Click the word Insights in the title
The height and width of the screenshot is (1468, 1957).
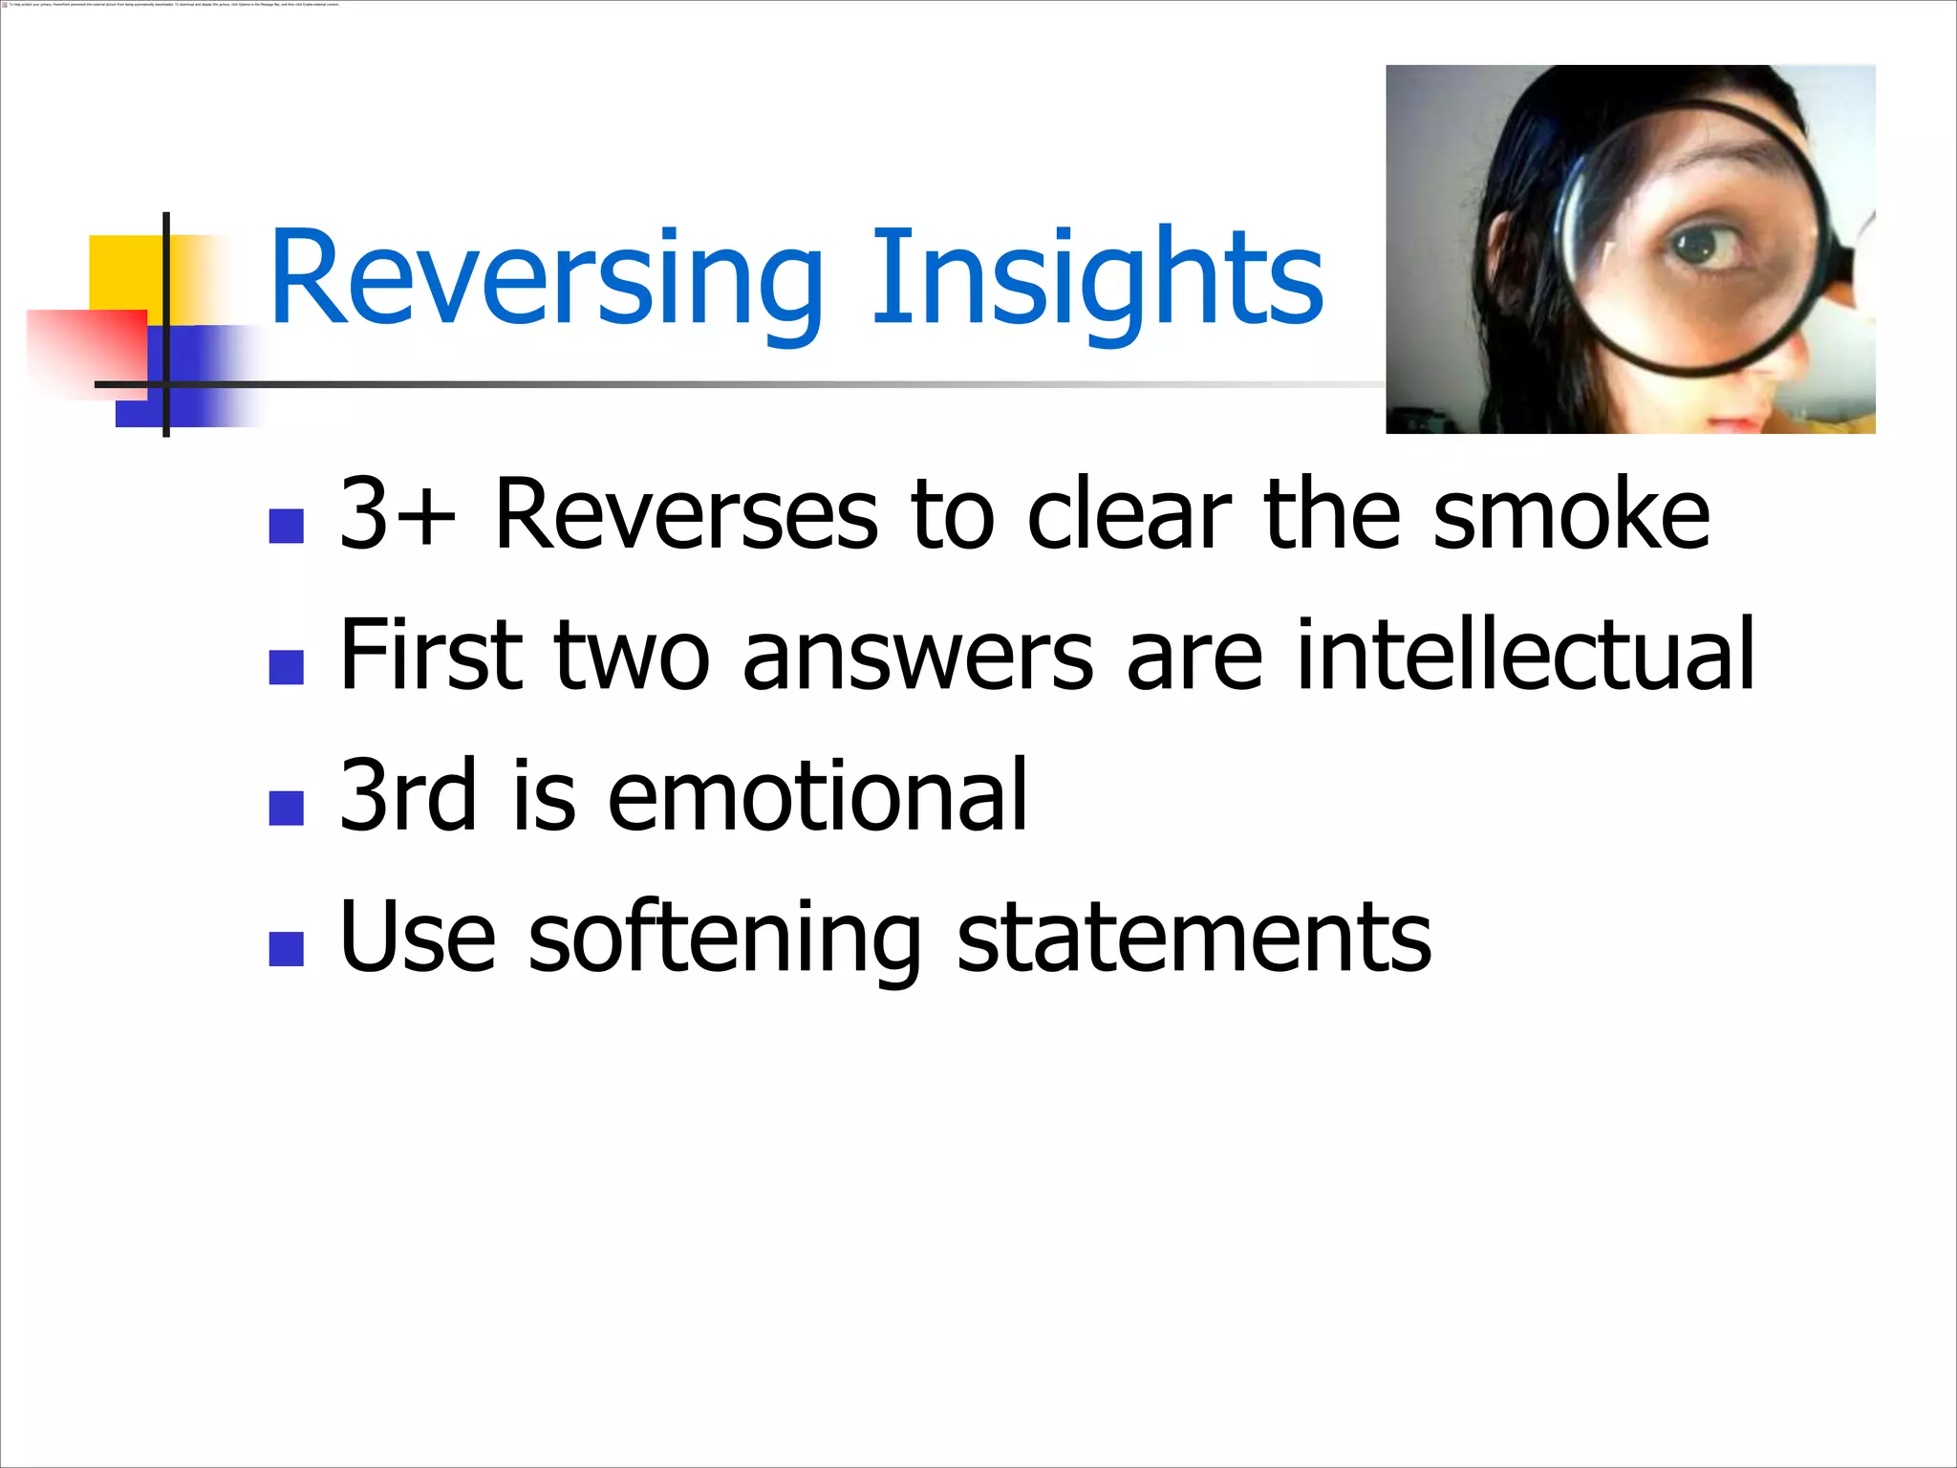[x=1096, y=279]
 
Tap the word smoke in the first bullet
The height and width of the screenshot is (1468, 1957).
[x=1571, y=515]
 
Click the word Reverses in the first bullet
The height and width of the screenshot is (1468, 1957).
[x=685, y=515]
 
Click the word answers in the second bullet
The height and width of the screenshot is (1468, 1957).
[x=917, y=657]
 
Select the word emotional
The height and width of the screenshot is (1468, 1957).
[x=817, y=795]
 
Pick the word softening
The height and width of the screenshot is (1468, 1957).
[x=724, y=939]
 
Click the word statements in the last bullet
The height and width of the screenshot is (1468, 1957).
[x=1194, y=939]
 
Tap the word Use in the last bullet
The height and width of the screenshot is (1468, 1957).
[x=417, y=939]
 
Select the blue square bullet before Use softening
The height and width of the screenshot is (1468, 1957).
[x=287, y=949]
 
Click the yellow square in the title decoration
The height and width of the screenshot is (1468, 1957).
[x=124, y=272]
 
